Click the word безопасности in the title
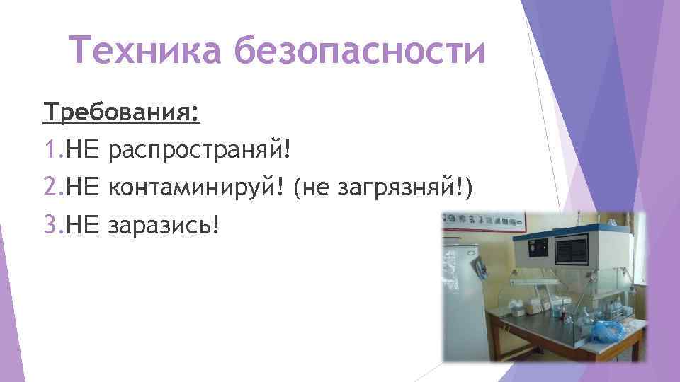(x=359, y=52)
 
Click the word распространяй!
(x=201, y=149)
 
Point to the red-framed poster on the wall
(x=482, y=219)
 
